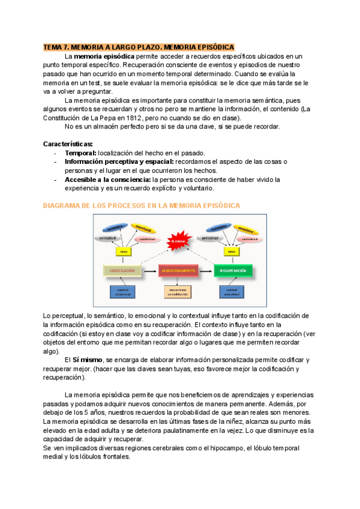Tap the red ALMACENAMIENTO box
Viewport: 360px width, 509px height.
tap(178, 271)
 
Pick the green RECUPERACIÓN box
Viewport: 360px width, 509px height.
tap(232, 271)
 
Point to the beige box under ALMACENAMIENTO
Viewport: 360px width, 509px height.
tap(178, 292)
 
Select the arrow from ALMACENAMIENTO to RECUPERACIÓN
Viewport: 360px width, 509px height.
tap(205, 271)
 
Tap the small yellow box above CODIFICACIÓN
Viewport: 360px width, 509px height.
tap(123, 251)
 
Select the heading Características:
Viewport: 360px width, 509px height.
tap(68, 145)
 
